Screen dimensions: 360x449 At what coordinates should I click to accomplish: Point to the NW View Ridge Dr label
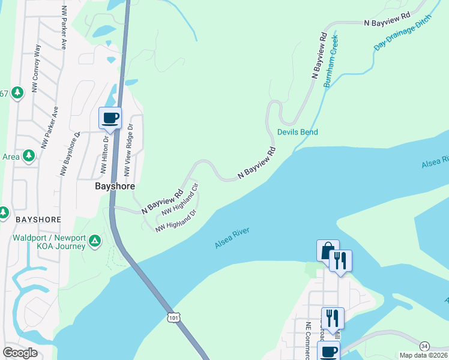(129, 150)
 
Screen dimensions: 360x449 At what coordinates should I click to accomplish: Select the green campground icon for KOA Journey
(94, 241)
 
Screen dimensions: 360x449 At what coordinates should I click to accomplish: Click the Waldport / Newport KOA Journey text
(50, 241)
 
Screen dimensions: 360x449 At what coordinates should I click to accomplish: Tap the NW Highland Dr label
(176, 221)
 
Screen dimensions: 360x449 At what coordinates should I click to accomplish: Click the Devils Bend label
(297, 132)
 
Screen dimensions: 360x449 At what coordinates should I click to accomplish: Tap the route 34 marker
(424, 346)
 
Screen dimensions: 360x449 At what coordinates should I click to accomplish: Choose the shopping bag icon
(328, 250)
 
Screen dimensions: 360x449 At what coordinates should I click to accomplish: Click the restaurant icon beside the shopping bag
(341, 260)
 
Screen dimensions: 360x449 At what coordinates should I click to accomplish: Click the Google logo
(20, 353)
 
